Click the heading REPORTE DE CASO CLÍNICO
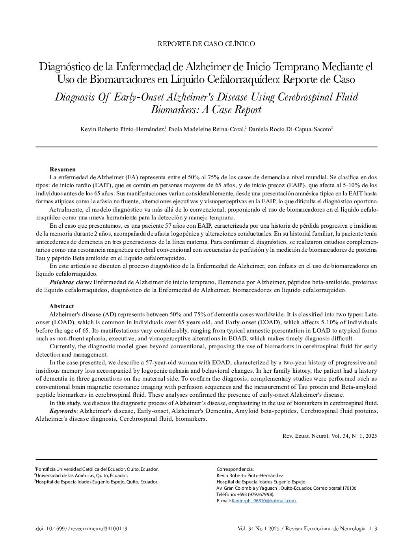point(206,44)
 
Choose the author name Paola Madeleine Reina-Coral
point(207,129)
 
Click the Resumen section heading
point(62,169)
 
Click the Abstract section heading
point(61,306)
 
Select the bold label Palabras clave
point(71,282)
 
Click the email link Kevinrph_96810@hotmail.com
point(264,501)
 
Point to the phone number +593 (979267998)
point(255,494)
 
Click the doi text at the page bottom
point(81,529)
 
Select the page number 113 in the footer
point(373,529)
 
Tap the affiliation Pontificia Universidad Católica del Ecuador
point(97,469)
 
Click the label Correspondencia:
point(235,469)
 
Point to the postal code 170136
point(349,488)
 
